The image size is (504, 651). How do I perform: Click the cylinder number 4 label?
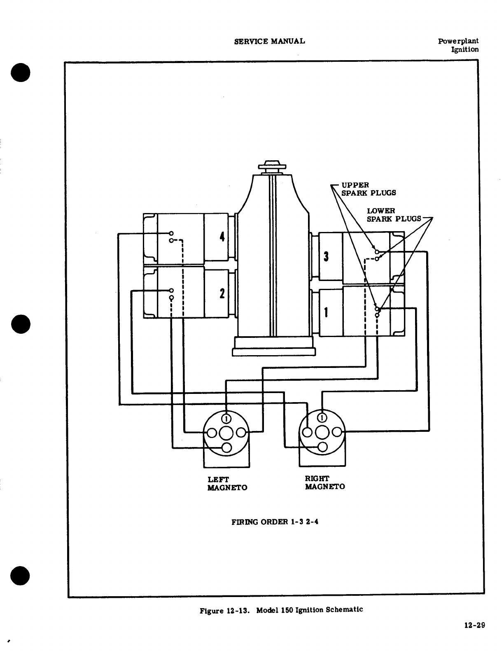[222, 237]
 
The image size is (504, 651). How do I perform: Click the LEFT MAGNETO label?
[227, 483]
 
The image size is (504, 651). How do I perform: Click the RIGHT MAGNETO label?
[324, 482]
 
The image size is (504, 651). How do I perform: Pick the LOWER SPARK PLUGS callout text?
[393, 215]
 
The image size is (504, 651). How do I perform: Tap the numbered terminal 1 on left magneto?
[226, 419]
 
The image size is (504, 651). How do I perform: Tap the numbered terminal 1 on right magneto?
[323, 418]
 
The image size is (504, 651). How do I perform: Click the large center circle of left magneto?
[226, 433]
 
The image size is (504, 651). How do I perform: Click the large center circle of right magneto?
[323, 432]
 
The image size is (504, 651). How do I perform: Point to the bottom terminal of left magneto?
[226, 448]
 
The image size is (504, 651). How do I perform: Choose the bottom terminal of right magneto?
[323, 447]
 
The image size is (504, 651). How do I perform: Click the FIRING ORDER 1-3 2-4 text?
[275, 522]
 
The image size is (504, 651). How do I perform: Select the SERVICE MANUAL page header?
[269, 41]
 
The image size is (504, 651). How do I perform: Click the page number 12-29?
[474, 625]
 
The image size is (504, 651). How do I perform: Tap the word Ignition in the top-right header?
[465, 49]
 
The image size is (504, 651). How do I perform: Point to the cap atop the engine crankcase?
[272, 166]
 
